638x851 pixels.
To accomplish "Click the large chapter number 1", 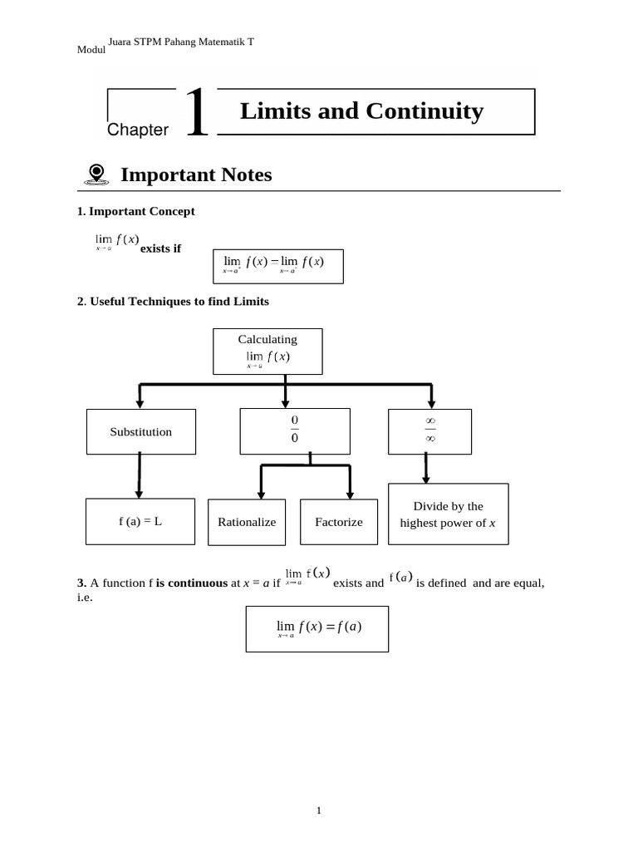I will [x=196, y=115].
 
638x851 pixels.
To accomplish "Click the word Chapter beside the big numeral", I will [x=138, y=130].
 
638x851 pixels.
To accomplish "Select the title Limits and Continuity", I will [x=361, y=111].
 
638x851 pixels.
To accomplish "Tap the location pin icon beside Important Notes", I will [x=96, y=174].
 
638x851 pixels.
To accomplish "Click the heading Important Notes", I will [x=196, y=175].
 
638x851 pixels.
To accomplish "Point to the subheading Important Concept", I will [x=135, y=211].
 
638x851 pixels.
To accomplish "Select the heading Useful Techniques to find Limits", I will [x=173, y=302].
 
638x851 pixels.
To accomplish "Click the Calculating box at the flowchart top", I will [x=267, y=351].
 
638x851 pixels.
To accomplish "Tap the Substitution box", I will [x=141, y=431].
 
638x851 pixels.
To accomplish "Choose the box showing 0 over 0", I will [x=294, y=430].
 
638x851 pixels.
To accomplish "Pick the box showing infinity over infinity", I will [x=429, y=430].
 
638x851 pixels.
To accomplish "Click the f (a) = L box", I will [x=140, y=522].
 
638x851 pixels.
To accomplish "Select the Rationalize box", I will [x=247, y=522].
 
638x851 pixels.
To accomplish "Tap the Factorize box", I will [x=339, y=522].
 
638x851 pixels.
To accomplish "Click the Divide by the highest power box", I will [x=448, y=514].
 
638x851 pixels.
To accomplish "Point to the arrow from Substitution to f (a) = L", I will [x=139, y=476].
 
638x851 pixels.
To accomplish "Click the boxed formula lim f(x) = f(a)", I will [x=317, y=628].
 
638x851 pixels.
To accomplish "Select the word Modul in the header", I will [x=91, y=50].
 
